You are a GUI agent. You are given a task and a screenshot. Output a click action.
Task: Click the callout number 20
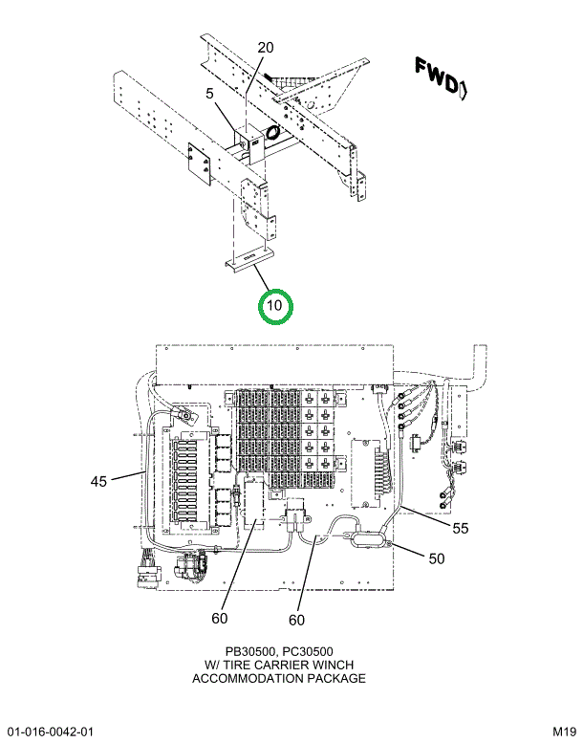[266, 48]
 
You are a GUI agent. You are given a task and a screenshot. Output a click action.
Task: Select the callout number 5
[208, 94]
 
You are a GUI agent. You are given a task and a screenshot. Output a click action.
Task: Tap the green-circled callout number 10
[275, 306]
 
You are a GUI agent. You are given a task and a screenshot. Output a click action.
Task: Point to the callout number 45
[99, 481]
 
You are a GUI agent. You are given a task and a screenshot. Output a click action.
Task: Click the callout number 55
[461, 527]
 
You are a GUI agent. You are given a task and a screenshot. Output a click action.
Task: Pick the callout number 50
[436, 558]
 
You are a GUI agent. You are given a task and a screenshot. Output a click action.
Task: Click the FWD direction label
[439, 76]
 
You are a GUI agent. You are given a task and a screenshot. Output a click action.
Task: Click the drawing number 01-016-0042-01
[49, 732]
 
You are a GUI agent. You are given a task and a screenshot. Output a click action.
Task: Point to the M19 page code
[564, 732]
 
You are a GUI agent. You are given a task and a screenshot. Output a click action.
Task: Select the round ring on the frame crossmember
[272, 132]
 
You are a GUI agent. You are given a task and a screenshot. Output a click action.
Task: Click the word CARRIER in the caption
[276, 665]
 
